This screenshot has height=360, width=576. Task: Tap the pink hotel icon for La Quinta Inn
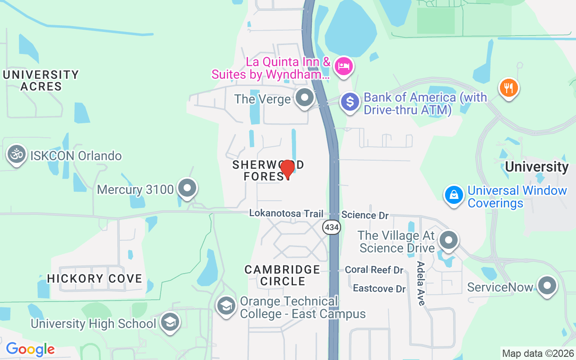tap(344, 67)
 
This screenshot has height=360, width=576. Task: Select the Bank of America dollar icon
tap(350, 102)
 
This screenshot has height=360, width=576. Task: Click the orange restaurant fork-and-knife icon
tap(508, 88)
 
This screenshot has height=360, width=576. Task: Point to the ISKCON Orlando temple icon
tap(17, 155)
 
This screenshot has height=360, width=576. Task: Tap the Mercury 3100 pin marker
tap(187, 188)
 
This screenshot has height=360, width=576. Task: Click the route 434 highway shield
tap(332, 227)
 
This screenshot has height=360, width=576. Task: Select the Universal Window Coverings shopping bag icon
tap(454, 195)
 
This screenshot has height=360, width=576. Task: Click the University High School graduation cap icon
tap(170, 322)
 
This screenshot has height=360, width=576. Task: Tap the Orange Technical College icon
tap(226, 306)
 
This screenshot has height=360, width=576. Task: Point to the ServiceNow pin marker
tap(547, 286)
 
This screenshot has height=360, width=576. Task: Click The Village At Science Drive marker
tap(448, 240)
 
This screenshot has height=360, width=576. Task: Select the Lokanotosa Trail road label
tap(286, 213)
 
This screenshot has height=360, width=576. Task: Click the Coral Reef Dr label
tap(374, 270)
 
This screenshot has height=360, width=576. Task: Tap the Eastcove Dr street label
tap(379, 288)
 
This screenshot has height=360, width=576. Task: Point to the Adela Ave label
tap(421, 283)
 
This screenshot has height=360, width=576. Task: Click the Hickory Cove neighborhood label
tap(94, 279)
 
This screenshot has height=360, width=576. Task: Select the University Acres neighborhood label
tap(41, 81)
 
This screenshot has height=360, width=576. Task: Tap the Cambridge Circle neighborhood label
tap(282, 275)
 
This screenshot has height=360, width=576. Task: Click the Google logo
tap(30, 349)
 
